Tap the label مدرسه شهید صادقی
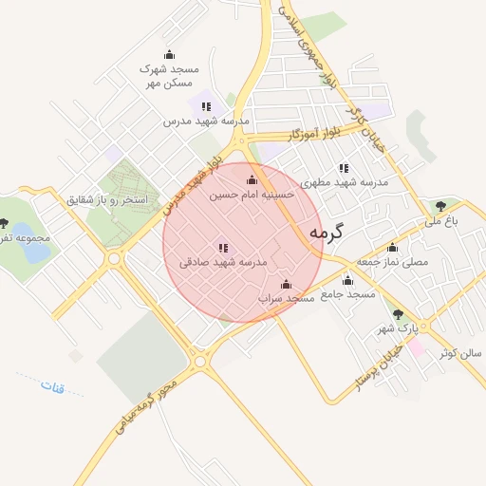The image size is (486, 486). click(x=224, y=261)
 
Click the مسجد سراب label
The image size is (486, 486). click(x=287, y=298)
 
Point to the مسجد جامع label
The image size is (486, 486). click(x=347, y=294)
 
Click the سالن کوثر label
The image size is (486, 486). click(x=460, y=353)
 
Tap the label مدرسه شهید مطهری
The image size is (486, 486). click(x=344, y=182)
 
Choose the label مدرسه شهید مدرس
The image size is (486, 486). click(x=205, y=121)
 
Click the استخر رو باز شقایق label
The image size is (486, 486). click(x=107, y=200)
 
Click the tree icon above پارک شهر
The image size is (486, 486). click(x=397, y=314)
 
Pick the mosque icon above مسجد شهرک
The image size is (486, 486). click(x=169, y=54)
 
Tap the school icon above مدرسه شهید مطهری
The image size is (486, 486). click(x=344, y=168)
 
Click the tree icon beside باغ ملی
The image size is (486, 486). click(x=439, y=205)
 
